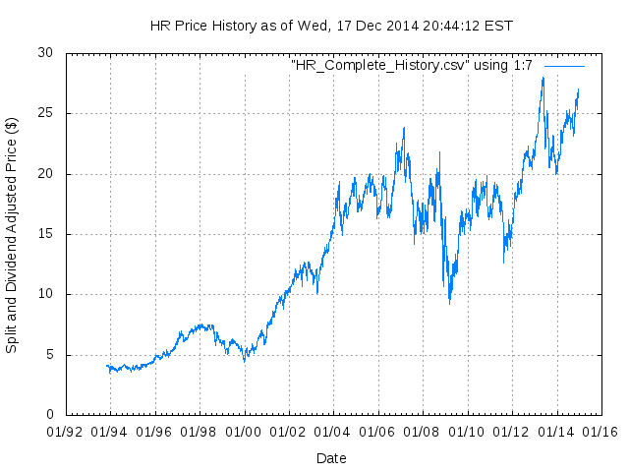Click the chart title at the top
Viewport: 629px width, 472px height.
(x=331, y=25)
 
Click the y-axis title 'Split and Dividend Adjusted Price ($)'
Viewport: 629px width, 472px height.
(x=12, y=235)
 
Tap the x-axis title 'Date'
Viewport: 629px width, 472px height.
(x=331, y=457)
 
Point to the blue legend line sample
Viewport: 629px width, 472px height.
(x=564, y=65)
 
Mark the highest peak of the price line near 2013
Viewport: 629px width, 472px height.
(x=543, y=78)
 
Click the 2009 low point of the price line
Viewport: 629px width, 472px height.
(x=450, y=302)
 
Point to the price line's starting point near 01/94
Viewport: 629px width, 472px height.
(x=106, y=366)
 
